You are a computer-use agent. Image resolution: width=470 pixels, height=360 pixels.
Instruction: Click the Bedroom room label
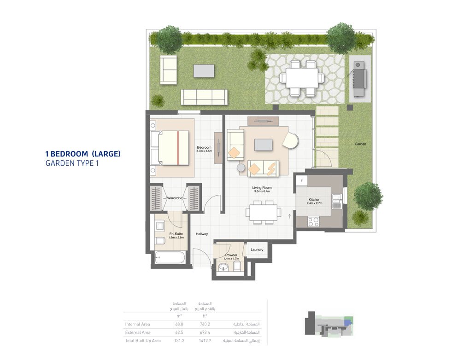pyautogui.click(x=204, y=147)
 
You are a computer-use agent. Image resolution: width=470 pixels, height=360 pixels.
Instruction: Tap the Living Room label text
pyautogui.click(x=261, y=188)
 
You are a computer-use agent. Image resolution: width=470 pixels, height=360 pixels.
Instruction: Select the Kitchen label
pyautogui.click(x=314, y=200)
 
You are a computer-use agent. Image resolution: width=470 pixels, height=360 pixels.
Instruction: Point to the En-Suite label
pyautogui.click(x=176, y=234)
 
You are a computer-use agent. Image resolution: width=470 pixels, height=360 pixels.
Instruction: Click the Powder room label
pyautogui.click(x=231, y=255)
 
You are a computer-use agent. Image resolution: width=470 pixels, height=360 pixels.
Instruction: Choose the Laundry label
pyautogui.click(x=257, y=250)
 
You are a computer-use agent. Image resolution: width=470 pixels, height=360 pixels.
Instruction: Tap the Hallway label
pyautogui.click(x=202, y=234)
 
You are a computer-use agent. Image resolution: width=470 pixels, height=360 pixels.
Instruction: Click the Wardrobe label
pyautogui.click(x=175, y=198)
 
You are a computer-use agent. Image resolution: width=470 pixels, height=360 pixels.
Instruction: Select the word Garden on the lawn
pyautogui.click(x=360, y=144)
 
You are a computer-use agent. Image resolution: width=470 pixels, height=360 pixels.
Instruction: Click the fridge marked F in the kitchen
pyautogui.click(x=301, y=180)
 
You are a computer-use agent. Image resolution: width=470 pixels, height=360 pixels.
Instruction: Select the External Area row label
pyautogui.click(x=138, y=332)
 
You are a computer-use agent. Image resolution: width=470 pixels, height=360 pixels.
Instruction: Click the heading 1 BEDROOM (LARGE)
pyautogui.click(x=82, y=154)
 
